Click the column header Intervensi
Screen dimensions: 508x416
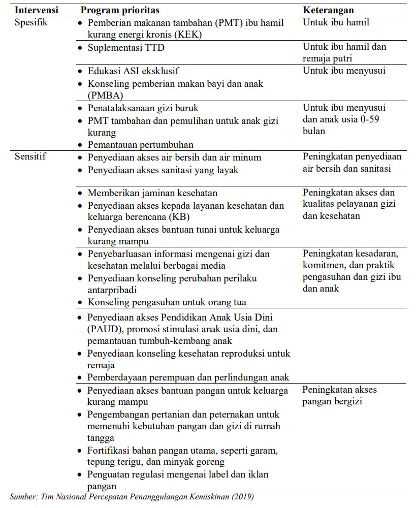[x=36, y=10]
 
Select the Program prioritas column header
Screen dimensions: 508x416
[x=120, y=10]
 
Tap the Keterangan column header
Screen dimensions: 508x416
[x=328, y=10]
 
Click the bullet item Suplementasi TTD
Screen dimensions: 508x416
[x=126, y=48]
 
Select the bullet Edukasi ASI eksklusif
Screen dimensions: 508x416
[x=133, y=71]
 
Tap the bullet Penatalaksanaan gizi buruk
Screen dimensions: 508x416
[x=143, y=108]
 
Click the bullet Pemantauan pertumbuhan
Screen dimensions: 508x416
[x=140, y=145]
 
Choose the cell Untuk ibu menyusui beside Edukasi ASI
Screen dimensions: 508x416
[x=344, y=71]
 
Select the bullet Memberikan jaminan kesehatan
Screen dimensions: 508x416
[x=152, y=193]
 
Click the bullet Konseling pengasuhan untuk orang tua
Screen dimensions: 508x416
[x=167, y=302]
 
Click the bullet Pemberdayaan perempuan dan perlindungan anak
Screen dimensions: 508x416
[x=188, y=377]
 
